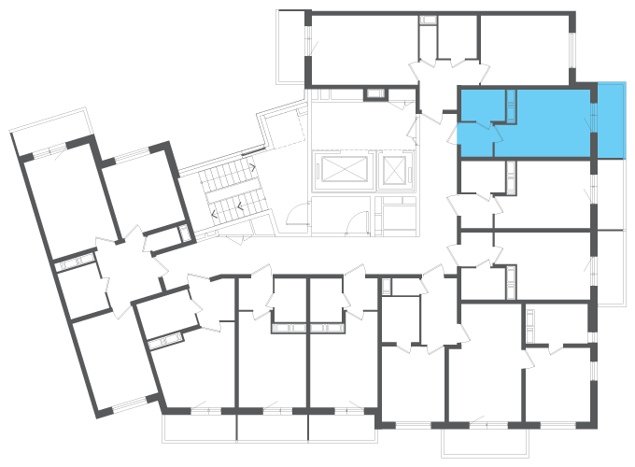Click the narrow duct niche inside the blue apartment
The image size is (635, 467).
512,105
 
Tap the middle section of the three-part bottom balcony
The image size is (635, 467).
273,428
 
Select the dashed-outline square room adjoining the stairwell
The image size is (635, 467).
283,122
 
